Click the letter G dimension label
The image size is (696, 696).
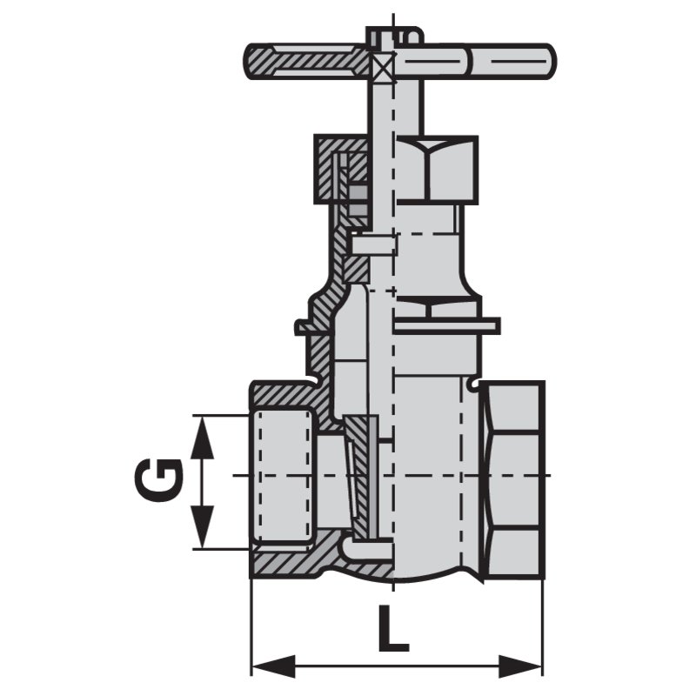click(x=158, y=482)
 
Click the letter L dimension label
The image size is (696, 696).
click(x=393, y=626)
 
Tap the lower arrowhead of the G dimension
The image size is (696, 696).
click(x=202, y=526)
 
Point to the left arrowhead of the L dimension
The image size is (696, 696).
click(x=273, y=666)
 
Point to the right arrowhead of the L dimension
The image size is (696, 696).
click(x=520, y=666)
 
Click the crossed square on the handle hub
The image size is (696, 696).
click(x=383, y=68)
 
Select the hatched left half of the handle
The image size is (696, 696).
click(x=308, y=61)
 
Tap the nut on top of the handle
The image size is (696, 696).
click(x=393, y=36)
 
